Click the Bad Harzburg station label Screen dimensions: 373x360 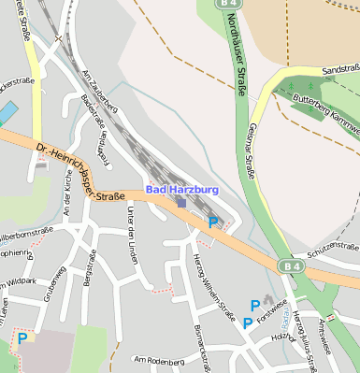180,190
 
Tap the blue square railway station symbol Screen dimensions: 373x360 181,201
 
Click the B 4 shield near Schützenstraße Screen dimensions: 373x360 291,266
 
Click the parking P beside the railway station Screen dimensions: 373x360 213,222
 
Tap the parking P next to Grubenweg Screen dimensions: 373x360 22,338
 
